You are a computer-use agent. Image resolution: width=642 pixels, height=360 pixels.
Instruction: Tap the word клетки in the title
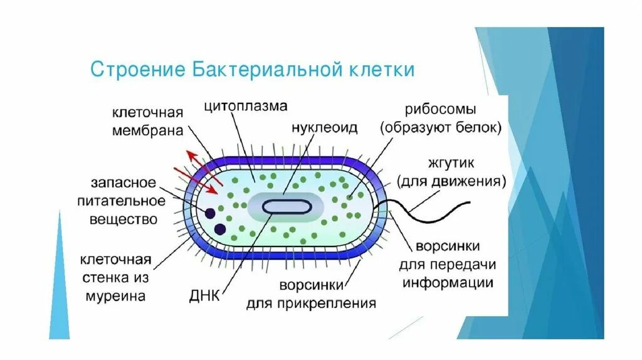coord(381,69)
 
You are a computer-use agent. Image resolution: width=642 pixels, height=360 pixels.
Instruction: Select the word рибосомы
coord(441,108)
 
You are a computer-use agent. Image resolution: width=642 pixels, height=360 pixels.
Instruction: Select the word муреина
coord(117,296)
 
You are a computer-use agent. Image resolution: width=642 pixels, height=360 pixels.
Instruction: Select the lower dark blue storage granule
coord(220,229)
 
